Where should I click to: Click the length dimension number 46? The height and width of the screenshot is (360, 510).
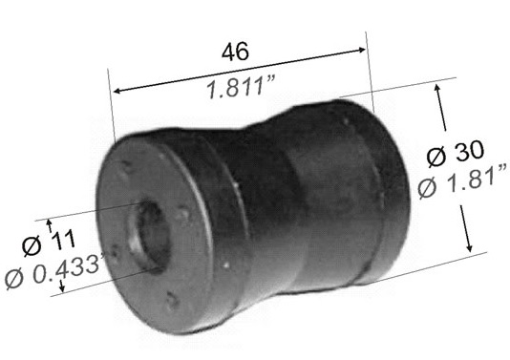click(235, 52)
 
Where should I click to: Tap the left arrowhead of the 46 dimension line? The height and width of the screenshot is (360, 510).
click(117, 91)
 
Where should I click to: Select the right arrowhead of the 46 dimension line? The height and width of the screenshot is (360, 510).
click(362, 50)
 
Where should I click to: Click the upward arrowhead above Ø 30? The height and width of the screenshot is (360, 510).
click(437, 88)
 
